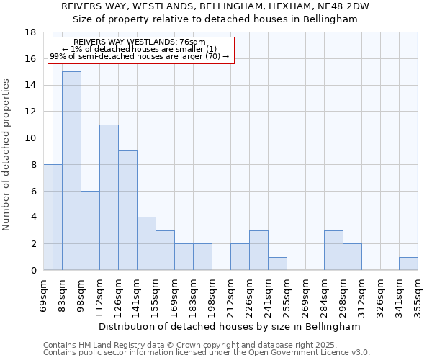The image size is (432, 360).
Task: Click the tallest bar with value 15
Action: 71,171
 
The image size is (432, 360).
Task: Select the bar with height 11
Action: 109,197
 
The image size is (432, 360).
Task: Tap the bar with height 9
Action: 127,210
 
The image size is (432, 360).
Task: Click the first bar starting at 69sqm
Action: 53,217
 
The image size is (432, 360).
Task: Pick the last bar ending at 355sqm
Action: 408,264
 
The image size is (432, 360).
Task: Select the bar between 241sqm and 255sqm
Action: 277,264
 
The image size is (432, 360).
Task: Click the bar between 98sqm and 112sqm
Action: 90,230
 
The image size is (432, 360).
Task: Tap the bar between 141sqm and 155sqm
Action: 146,243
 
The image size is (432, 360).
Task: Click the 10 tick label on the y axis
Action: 30,138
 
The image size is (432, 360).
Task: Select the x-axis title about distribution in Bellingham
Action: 230,326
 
